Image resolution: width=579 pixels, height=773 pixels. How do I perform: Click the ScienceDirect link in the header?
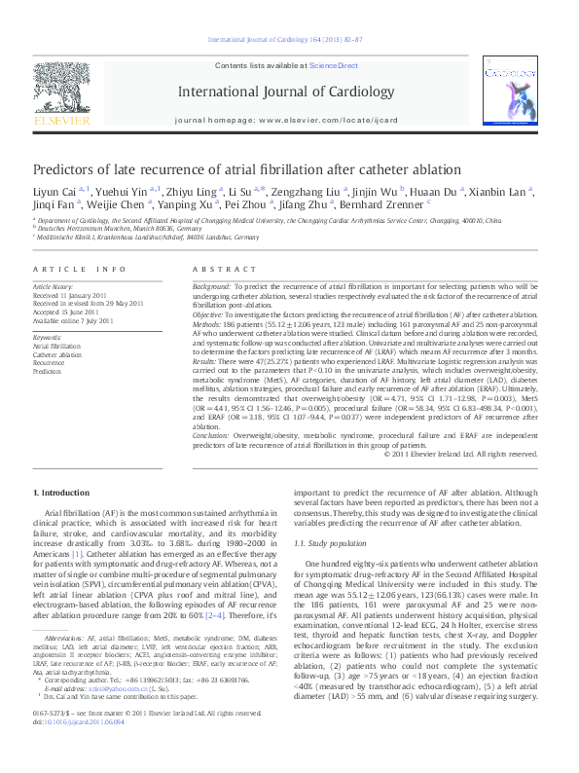(x=334, y=64)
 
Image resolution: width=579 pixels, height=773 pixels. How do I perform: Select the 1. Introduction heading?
(x=61, y=495)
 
